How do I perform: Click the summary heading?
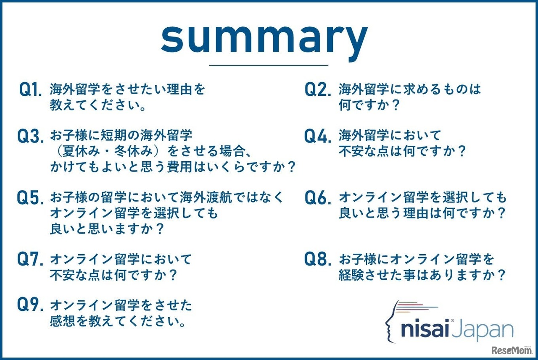click(x=264, y=40)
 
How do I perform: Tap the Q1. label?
click(x=31, y=90)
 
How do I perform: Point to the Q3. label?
click(x=31, y=137)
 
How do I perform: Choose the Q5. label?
click(x=31, y=198)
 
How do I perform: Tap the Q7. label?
click(x=31, y=259)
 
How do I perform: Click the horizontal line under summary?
click(x=269, y=66)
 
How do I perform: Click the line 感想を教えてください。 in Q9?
click(x=118, y=321)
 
